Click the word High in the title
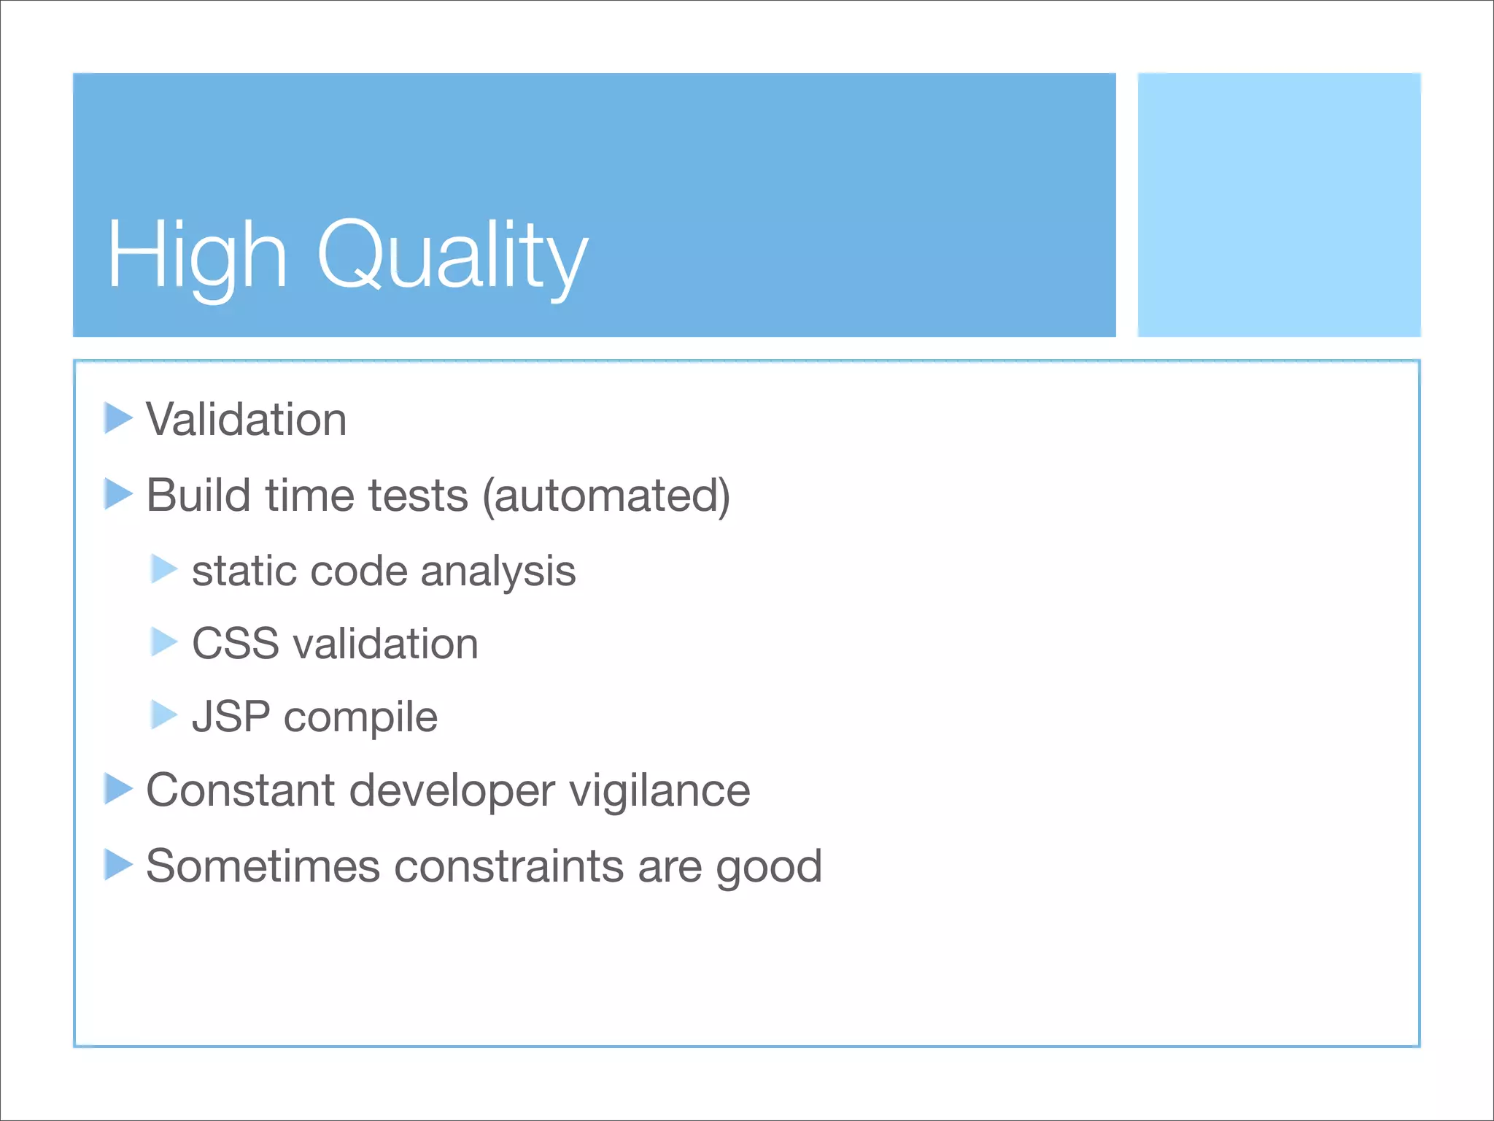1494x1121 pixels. [x=197, y=255]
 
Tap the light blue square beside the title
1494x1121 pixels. [x=1279, y=204]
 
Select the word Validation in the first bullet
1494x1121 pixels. [x=247, y=420]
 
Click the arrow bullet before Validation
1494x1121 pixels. [x=117, y=418]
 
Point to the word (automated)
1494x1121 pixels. [x=606, y=496]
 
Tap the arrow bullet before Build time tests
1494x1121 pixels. [x=117, y=494]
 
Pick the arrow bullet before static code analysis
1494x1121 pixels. [x=163, y=569]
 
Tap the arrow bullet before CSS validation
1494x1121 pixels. [x=163, y=642]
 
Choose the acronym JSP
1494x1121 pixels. [x=231, y=717]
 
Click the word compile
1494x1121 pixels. [x=360, y=718]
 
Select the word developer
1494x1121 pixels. [x=452, y=791]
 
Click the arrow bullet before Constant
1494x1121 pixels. [x=117, y=789]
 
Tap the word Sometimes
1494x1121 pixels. [x=263, y=866]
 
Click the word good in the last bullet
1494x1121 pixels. [x=769, y=868]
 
